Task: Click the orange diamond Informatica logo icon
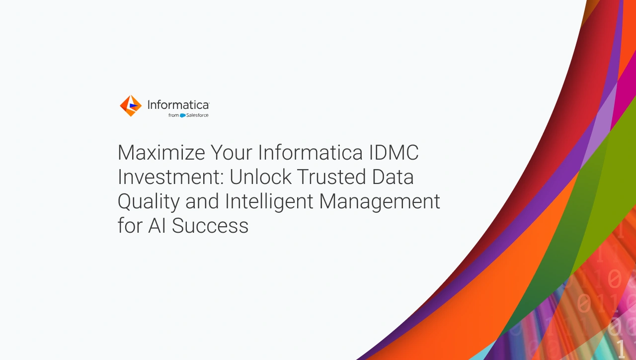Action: (131, 106)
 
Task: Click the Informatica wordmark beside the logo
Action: (178, 105)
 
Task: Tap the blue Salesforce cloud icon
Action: (182, 115)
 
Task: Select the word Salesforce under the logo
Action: (197, 115)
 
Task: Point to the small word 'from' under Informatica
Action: (173, 115)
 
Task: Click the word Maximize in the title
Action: (161, 153)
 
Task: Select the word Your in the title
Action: (231, 153)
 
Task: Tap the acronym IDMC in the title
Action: (394, 153)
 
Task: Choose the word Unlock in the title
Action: (260, 177)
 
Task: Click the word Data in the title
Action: (393, 177)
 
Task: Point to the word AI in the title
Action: (157, 226)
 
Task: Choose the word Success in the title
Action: (210, 226)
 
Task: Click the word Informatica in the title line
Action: (311, 153)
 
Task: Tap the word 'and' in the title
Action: (202, 201)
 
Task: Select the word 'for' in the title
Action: (130, 226)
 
